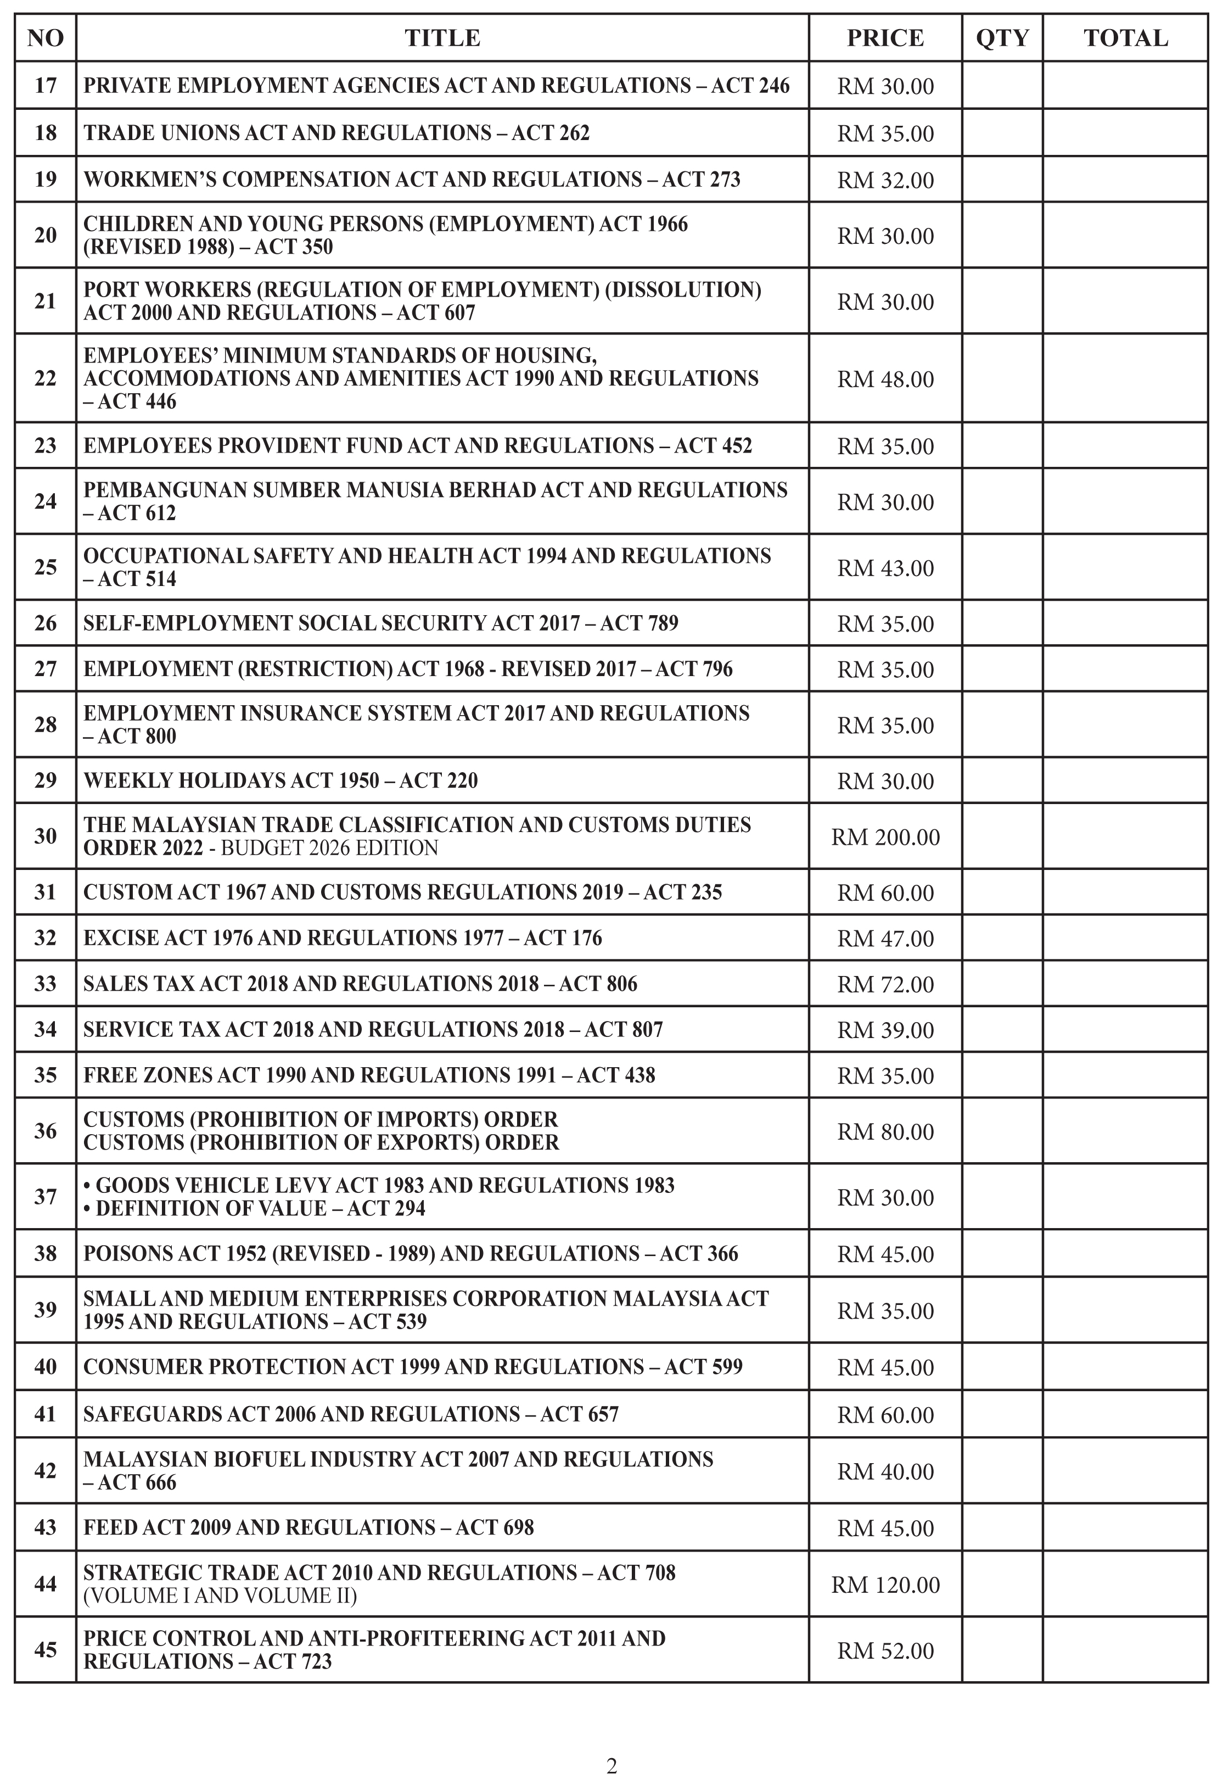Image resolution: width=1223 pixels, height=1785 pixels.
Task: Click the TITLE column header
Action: tap(442, 38)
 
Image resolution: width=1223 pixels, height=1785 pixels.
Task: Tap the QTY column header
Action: tap(1002, 38)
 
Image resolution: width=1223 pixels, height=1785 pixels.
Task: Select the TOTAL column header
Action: tap(1125, 38)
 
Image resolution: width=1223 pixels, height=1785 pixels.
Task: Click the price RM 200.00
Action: tap(885, 836)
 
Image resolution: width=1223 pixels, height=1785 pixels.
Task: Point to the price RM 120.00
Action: tap(885, 1584)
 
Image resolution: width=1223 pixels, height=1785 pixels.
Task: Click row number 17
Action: tap(46, 85)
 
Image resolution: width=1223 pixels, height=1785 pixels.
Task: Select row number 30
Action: tap(46, 836)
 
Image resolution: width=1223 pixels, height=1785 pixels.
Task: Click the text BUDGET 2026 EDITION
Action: tap(329, 848)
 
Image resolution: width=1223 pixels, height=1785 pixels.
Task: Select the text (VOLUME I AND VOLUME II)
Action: tap(220, 1596)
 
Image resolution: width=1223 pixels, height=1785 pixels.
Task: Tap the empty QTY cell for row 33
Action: tap(1002, 983)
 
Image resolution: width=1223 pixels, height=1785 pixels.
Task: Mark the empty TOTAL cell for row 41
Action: tap(1125, 1414)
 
